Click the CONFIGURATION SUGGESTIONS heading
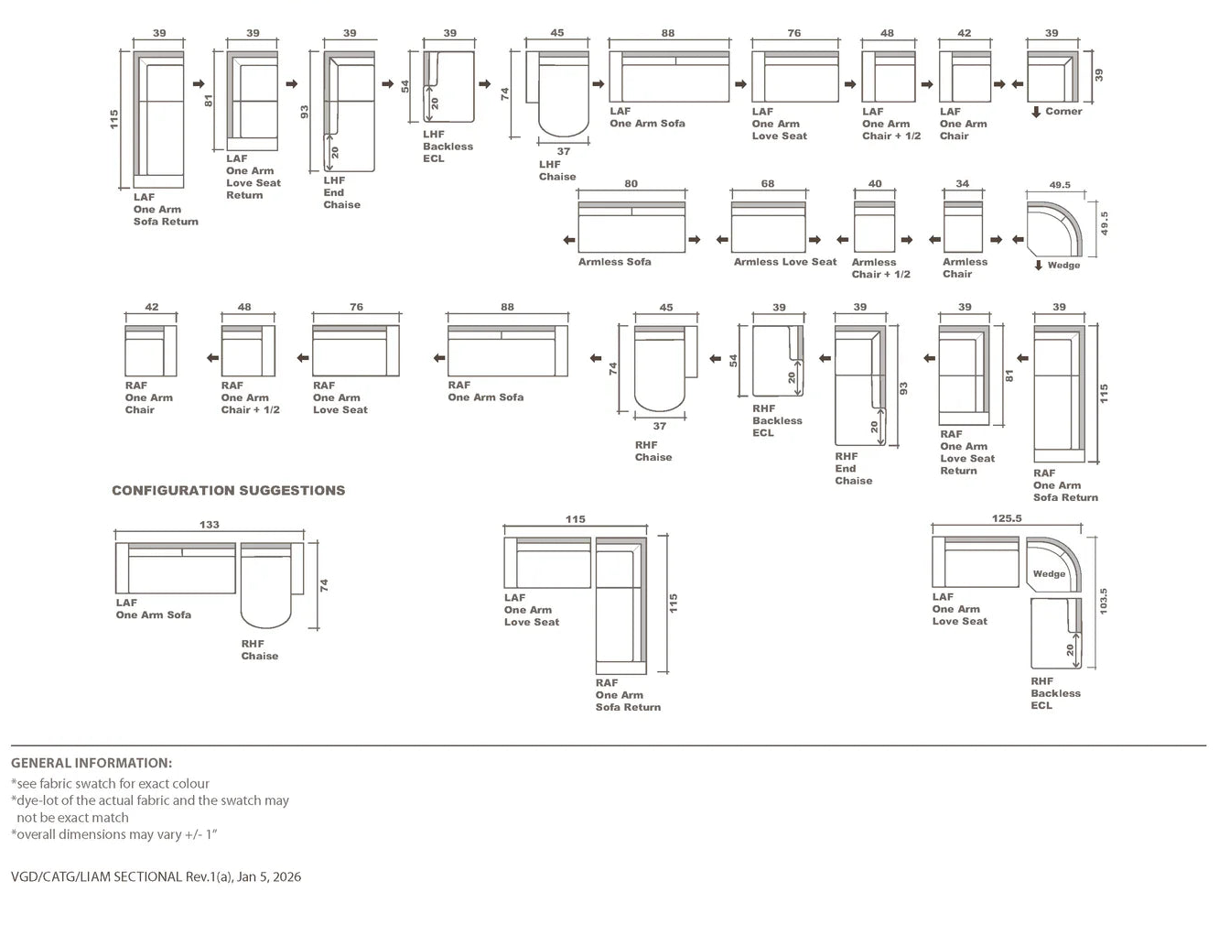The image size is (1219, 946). (x=228, y=491)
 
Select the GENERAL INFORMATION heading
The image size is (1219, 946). (x=92, y=763)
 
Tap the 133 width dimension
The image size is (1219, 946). (x=210, y=525)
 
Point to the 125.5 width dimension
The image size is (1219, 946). (x=1007, y=518)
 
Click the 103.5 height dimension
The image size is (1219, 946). (x=1103, y=602)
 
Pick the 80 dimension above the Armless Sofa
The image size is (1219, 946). (x=631, y=184)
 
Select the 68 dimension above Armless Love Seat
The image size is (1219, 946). (x=768, y=184)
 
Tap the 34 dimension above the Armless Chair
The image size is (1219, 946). (x=962, y=184)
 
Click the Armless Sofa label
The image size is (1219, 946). (x=614, y=262)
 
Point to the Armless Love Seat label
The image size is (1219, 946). (x=784, y=262)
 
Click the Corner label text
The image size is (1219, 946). (x=1063, y=112)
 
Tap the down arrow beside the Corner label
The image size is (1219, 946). (x=1036, y=112)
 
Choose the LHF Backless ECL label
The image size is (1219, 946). (x=448, y=147)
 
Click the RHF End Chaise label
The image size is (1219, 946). (x=853, y=468)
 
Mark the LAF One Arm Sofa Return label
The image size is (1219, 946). (x=165, y=209)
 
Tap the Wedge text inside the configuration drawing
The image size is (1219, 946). (x=1049, y=574)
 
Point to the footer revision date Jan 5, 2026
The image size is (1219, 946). (x=269, y=876)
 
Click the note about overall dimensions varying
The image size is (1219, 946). (x=113, y=834)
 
